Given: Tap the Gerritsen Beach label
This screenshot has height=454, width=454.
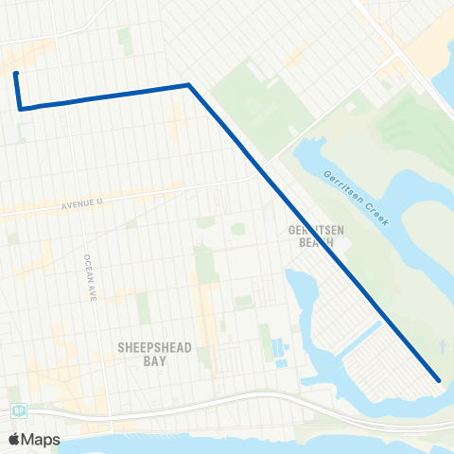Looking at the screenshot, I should tap(311, 236).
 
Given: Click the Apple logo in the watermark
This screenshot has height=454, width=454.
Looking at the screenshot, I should tap(14, 439).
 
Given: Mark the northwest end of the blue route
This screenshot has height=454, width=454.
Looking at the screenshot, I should tap(16, 73).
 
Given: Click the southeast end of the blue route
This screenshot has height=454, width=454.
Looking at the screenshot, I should tap(439, 380).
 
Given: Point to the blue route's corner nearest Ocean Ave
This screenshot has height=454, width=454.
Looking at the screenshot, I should tap(20, 108).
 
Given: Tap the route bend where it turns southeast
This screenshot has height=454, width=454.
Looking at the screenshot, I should tap(189, 85).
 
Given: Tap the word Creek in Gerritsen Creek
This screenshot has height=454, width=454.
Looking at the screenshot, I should tap(377, 210).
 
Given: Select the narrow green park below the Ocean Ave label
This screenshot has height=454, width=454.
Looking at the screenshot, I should tap(142, 307).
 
